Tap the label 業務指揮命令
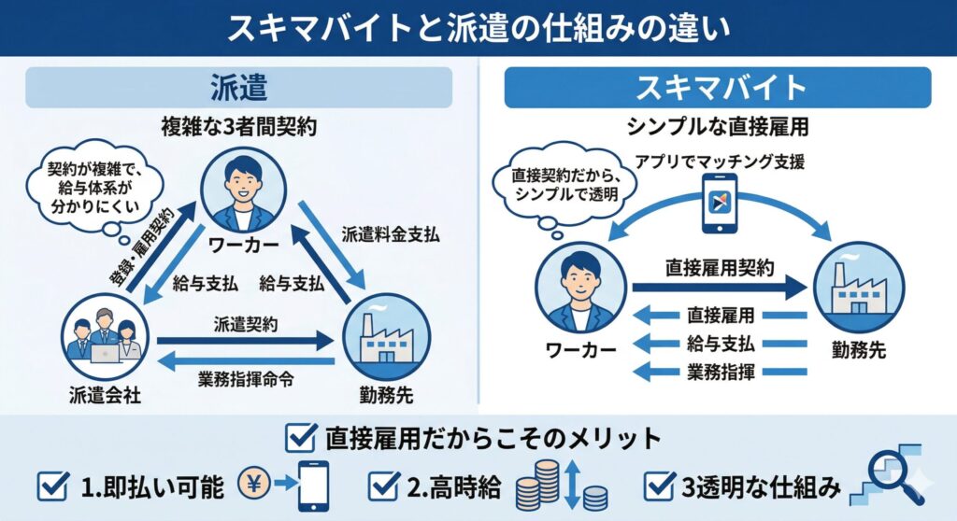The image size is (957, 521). (x=245, y=380)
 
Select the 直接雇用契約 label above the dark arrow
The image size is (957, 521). (x=720, y=267)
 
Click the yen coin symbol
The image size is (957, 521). (x=256, y=486)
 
